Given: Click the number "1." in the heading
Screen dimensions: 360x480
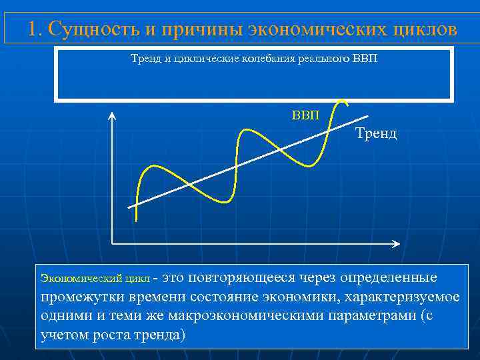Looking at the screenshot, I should coord(36,29).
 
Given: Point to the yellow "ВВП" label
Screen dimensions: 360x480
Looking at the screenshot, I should coord(305,115).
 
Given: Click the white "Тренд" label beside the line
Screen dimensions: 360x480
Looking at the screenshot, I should coord(376,133).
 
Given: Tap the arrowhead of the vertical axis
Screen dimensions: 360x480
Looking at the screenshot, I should coord(112,117).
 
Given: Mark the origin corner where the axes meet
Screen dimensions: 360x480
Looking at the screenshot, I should coord(113,243).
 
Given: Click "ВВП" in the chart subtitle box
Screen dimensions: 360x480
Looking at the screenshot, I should coord(364,60).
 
